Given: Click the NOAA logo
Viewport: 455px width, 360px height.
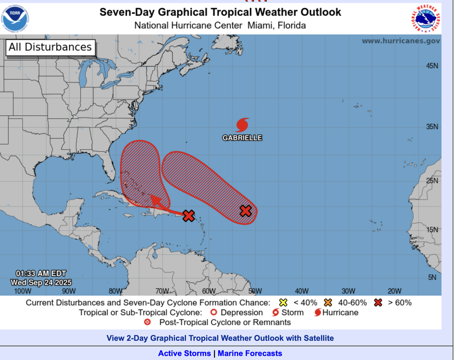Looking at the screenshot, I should click(x=15, y=18).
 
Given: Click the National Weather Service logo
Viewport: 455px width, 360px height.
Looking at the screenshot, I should click(x=425, y=18).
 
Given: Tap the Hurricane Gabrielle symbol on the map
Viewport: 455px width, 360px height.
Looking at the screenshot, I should click(x=242, y=124).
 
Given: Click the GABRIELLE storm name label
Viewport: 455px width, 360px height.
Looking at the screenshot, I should click(x=242, y=138).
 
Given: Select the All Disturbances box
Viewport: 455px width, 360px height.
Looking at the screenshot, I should click(x=51, y=47).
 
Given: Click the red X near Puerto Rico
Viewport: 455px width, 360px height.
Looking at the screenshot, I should click(x=188, y=215).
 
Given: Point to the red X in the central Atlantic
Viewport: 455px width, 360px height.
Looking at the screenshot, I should click(x=246, y=211).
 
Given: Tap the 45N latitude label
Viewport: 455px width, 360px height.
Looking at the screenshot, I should click(x=432, y=66).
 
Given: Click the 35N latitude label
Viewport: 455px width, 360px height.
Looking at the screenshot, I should click(x=432, y=127).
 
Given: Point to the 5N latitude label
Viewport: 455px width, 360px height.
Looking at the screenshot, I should click(x=432, y=277).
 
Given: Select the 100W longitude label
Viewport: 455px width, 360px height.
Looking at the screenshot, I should click(x=23, y=291).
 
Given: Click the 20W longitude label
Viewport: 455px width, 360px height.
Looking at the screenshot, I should click(x=394, y=291).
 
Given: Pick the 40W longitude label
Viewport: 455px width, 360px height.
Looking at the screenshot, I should click(x=301, y=291).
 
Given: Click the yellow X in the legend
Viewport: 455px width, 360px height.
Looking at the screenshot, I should click(x=283, y=302).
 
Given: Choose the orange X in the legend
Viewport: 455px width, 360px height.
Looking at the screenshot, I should click(x=328, y=302).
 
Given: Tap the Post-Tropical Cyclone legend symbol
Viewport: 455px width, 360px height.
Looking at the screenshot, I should click(x=148, y=322).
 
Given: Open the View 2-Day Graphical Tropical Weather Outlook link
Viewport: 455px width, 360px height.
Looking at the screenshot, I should click(x=220, y=338).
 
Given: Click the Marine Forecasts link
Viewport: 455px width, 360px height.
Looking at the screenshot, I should click(x=250, y=354).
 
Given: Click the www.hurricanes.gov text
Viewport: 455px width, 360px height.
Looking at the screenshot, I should click(x=401, y=41).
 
